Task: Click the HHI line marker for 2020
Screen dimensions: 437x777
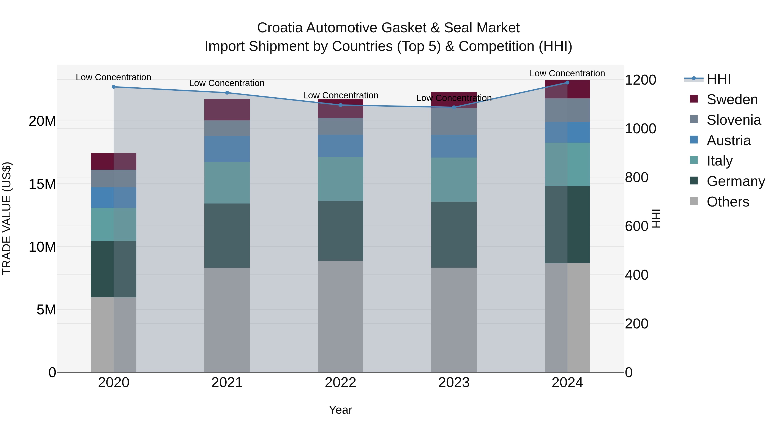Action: coord(114,87)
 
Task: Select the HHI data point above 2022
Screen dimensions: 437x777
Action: coord(341,105)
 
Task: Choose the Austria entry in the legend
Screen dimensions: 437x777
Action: coord(728,140)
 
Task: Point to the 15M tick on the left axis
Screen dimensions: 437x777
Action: coord(42,184)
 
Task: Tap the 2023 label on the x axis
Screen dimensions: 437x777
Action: coord(454,383)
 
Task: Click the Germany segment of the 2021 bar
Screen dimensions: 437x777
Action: coord(227,235)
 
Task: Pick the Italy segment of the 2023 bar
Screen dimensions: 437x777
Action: coord(454,180)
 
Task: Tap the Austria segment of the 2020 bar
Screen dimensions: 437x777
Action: coord(114,197)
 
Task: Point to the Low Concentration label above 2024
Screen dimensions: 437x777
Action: coord(567,73)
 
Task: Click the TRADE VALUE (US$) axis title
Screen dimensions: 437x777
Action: coord(7,218)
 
